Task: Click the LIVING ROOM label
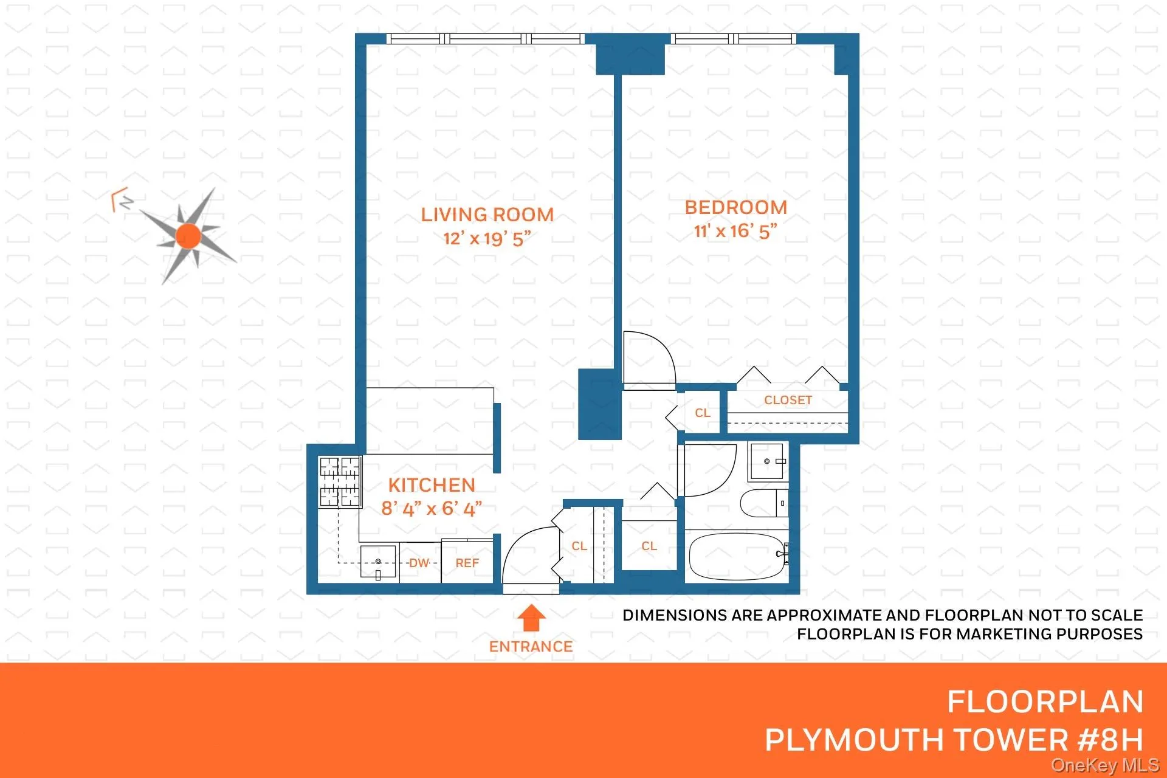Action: click(487, 215)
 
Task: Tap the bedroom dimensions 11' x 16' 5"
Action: click(735, 232)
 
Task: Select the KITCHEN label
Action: click(432, 485)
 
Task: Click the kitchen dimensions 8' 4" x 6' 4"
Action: click(432, 508)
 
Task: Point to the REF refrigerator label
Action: click(467, 563)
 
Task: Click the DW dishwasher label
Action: click(419, 563)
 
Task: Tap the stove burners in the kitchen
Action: click(340, 482)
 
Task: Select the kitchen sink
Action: click(377, 562)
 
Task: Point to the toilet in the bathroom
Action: click(763, 503)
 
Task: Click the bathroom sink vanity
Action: click(768, 462)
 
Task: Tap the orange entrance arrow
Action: click(531, 618)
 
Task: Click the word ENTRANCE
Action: click(531, 647)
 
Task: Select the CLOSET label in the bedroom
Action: click(788, 401)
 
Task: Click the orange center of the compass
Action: click(188, 236)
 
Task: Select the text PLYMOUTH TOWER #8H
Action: click(954, 740)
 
